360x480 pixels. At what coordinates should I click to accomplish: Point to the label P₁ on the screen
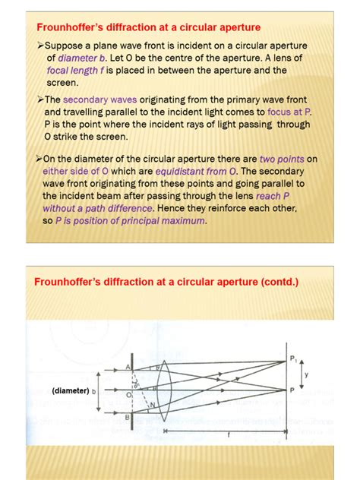pyautogui.click(x=294, y=357)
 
